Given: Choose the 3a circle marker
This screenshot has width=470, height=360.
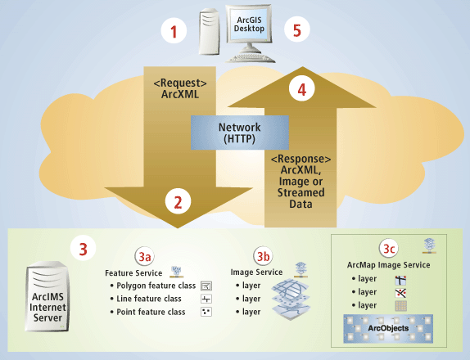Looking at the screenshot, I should pyautogui.click(x=145, y=254).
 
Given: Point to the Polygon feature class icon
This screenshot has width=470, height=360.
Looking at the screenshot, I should pyautogui.click(x=206, y=286).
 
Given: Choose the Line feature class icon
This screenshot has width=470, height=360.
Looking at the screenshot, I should pyautogui.click(x=206, y=299).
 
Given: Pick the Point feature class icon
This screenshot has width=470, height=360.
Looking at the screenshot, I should pyautogui.click(x=206, y=313).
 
